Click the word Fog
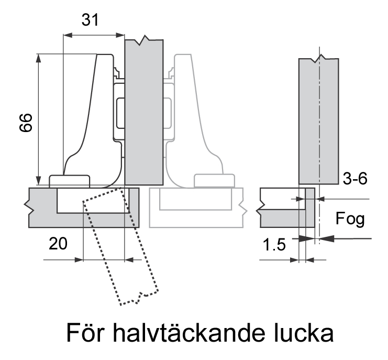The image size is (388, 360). [x=350, y=219]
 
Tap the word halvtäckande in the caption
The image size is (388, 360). [x=197, y=333]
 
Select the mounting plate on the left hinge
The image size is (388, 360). [x=119, y=110]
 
